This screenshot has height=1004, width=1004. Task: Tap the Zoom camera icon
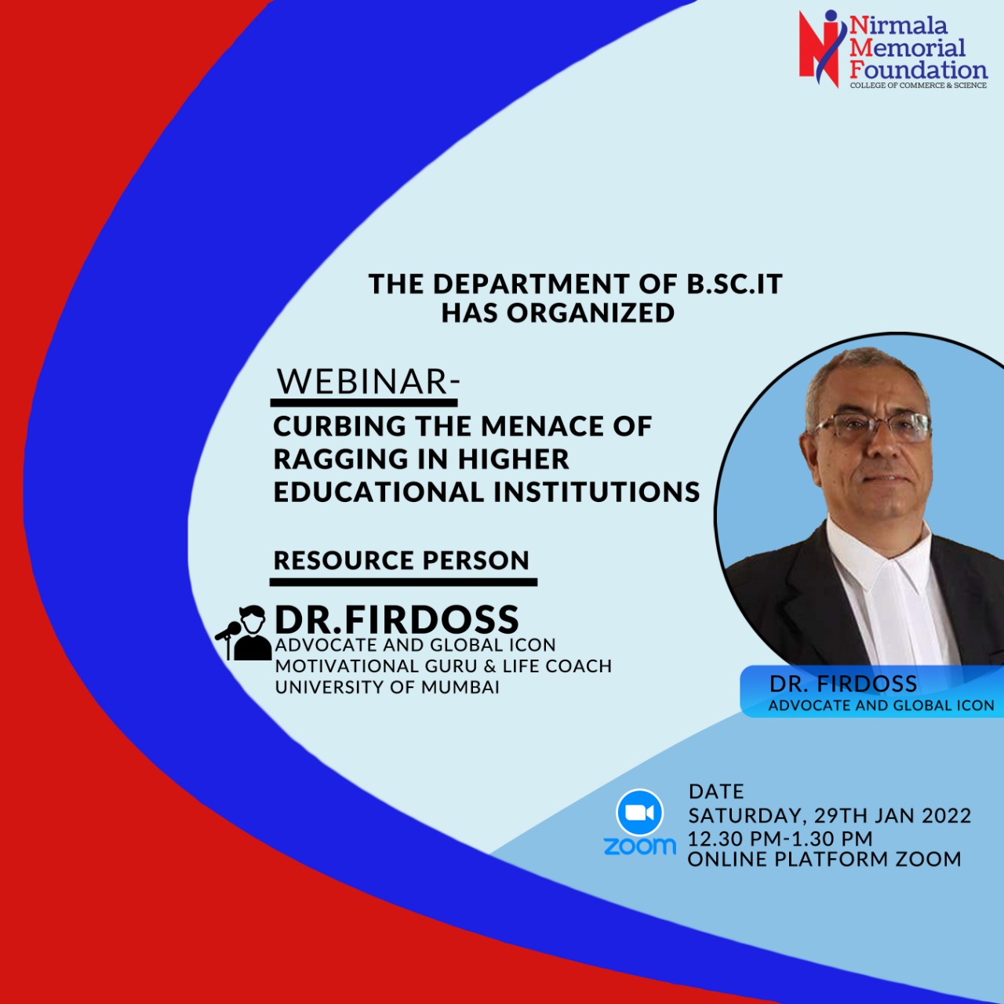pos(639,813)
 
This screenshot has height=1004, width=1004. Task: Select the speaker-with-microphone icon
pos(243,633)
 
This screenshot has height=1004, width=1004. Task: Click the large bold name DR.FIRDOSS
pos(396,619)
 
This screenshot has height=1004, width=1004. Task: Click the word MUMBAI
pos(460,687)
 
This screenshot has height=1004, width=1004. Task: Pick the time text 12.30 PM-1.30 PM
pos(780,838)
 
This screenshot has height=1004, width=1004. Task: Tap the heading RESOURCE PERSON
pos(401,560)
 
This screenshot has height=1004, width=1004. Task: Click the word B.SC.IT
pos(732,284)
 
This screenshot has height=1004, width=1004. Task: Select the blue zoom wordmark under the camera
pos(639,846)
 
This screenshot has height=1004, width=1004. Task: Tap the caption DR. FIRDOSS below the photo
pos(843,683)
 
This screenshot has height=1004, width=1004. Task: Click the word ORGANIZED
pos(591,313)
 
